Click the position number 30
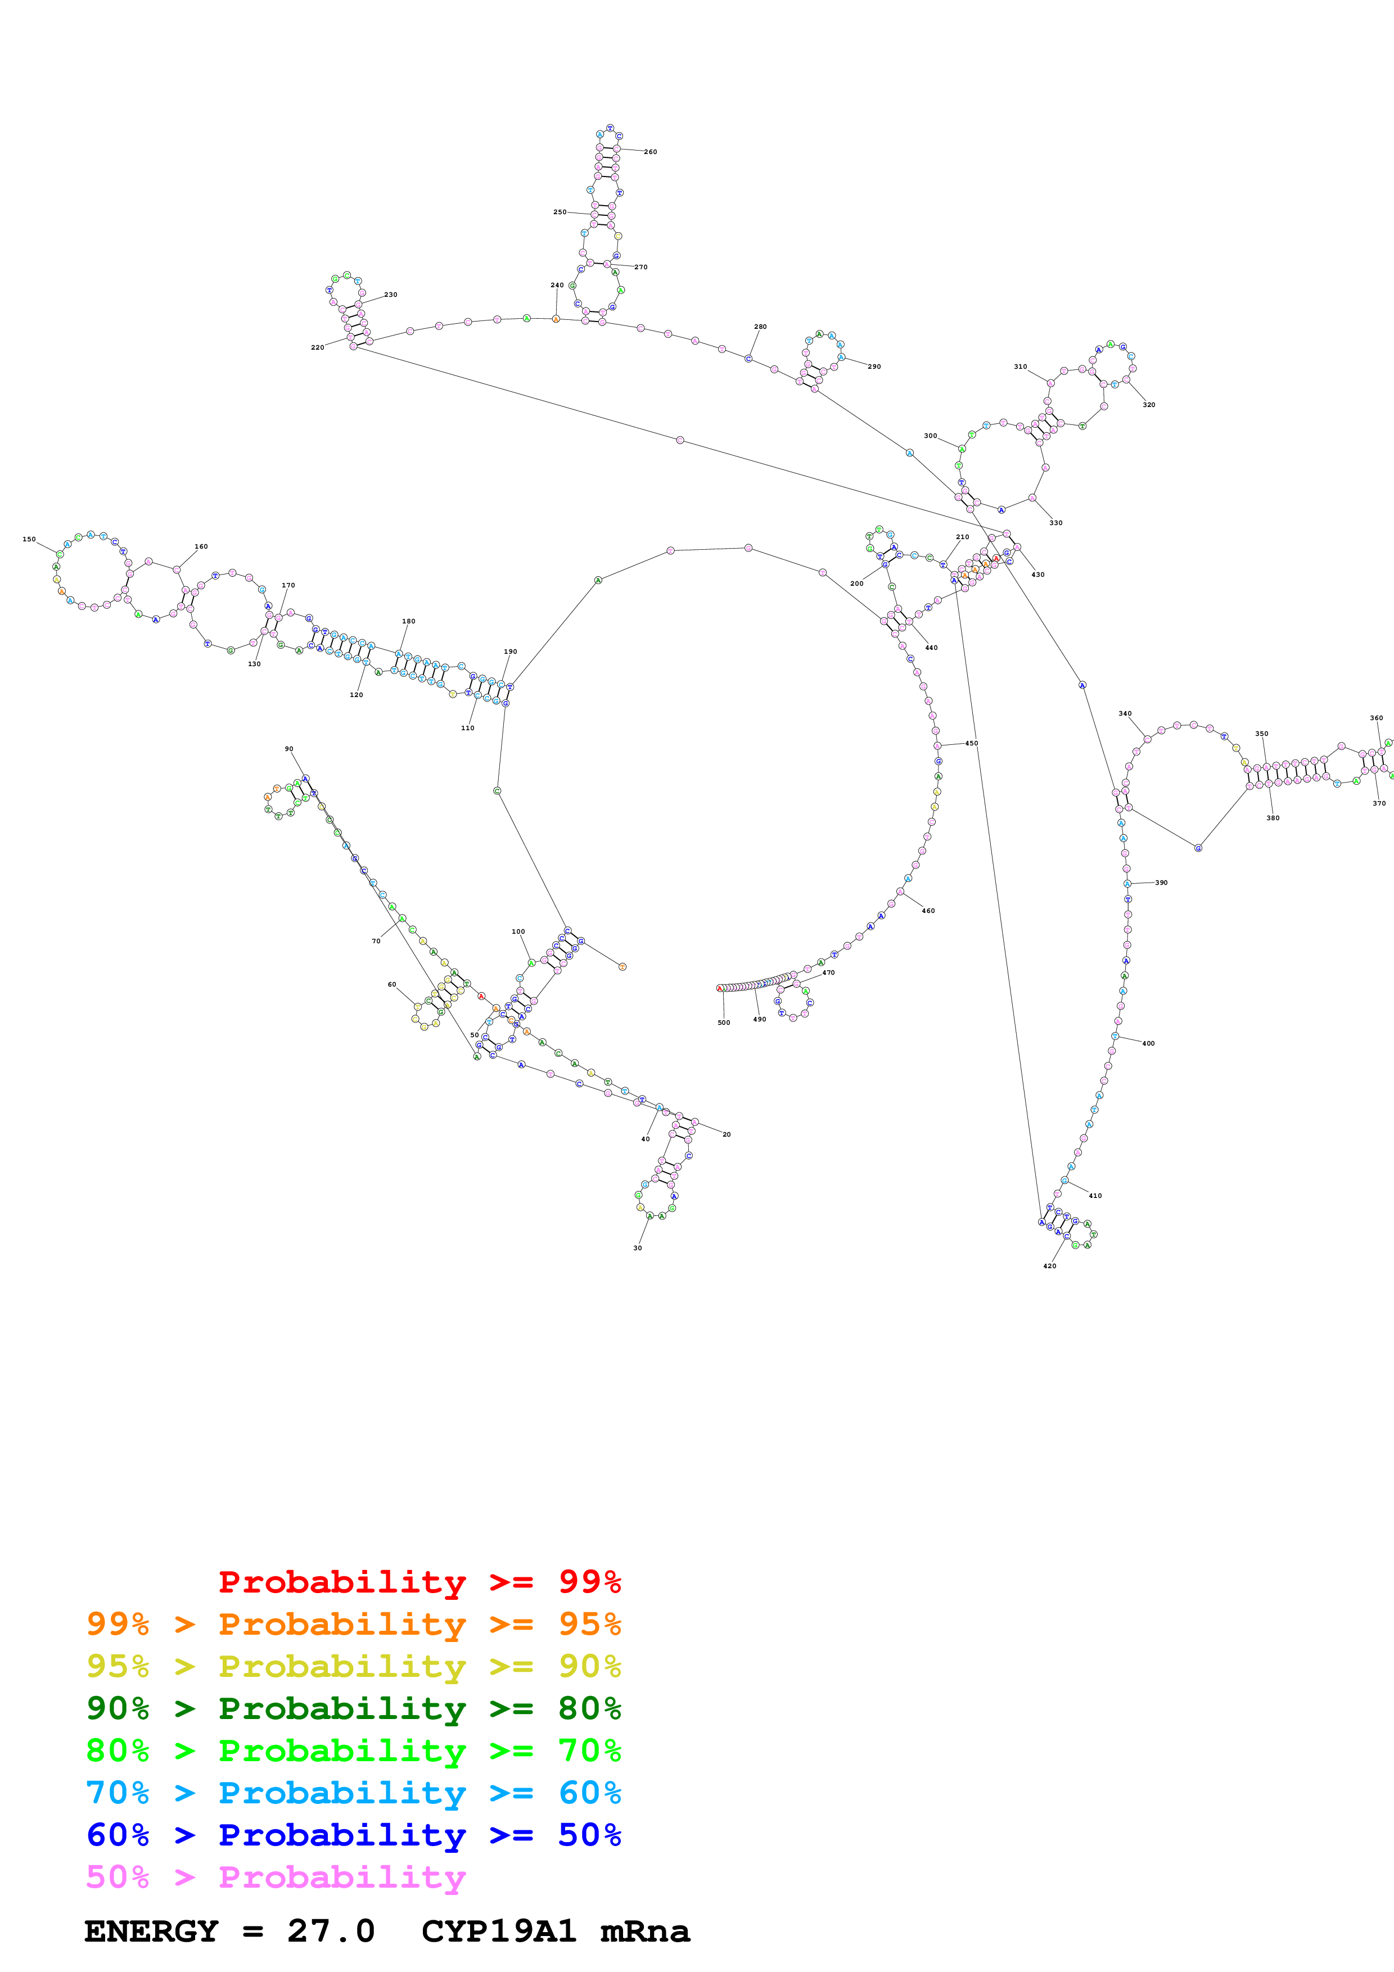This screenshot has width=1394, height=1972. tap(637, 1248)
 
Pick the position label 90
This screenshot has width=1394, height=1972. tap(288, 749)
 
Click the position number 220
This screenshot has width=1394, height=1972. tap(317, 348)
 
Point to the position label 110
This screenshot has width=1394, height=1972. tap(467, 729)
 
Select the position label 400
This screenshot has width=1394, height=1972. tap(1148, 1043)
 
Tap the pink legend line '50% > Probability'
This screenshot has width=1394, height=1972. tap(275, 1878)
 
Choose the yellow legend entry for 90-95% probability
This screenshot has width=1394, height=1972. tap(353, 1666)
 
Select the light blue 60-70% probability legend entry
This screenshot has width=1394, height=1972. tap(353, 1793)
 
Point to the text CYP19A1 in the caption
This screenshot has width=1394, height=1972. tap(498, 1932)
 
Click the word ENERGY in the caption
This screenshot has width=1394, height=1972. tap(151, 1932)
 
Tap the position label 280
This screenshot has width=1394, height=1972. tap(760, 327)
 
